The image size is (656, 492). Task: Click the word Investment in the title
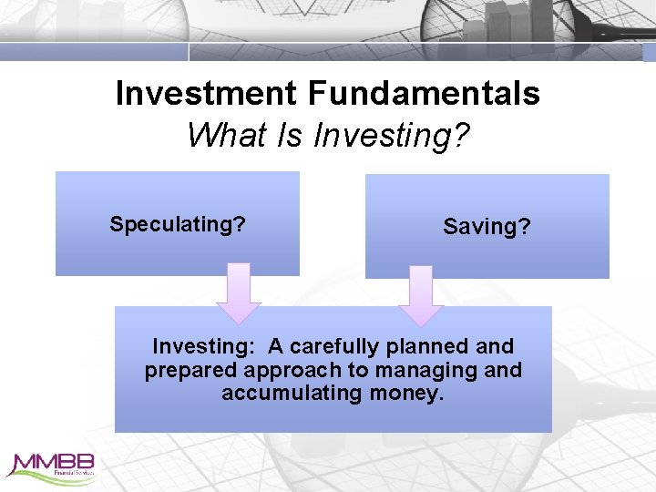click(x=206, y=93)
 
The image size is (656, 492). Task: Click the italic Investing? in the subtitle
click(x=392, y=137)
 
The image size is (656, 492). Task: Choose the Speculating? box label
click(x=178, y=224)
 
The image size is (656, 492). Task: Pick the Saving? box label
click(x=487, y=227)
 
